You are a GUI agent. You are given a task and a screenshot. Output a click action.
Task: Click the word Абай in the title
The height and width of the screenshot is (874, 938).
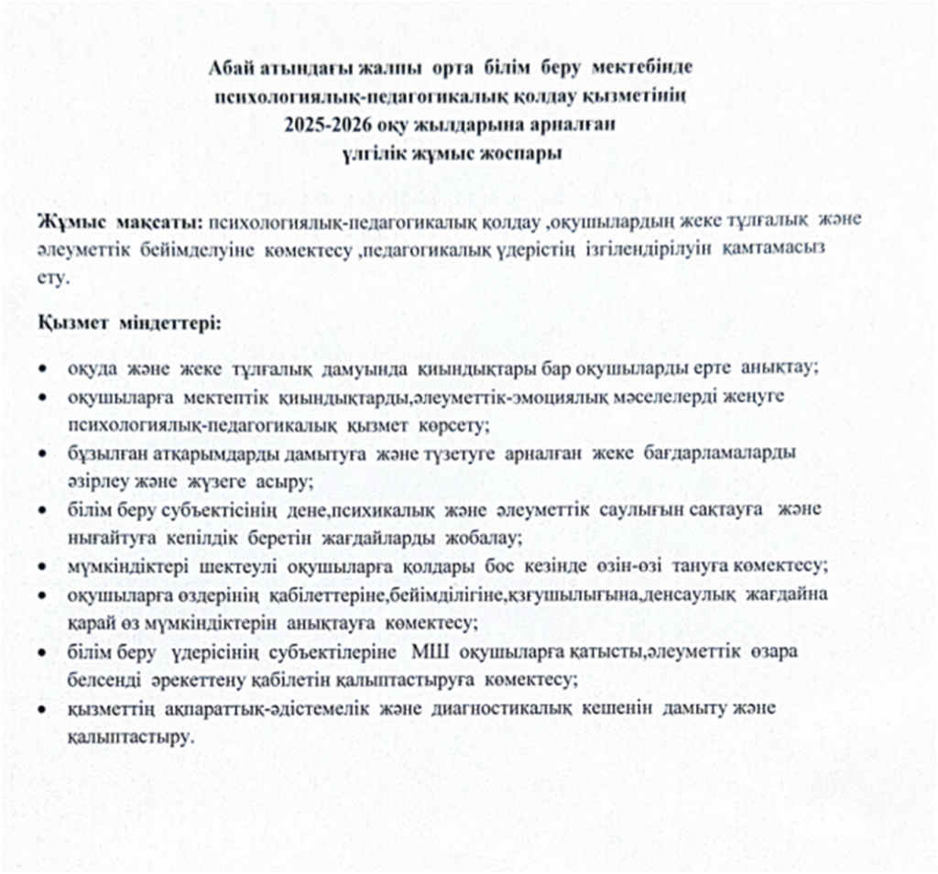[x=233, y=70]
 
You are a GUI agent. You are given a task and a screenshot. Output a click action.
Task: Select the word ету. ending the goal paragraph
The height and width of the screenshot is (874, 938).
[x=53, y=279]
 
